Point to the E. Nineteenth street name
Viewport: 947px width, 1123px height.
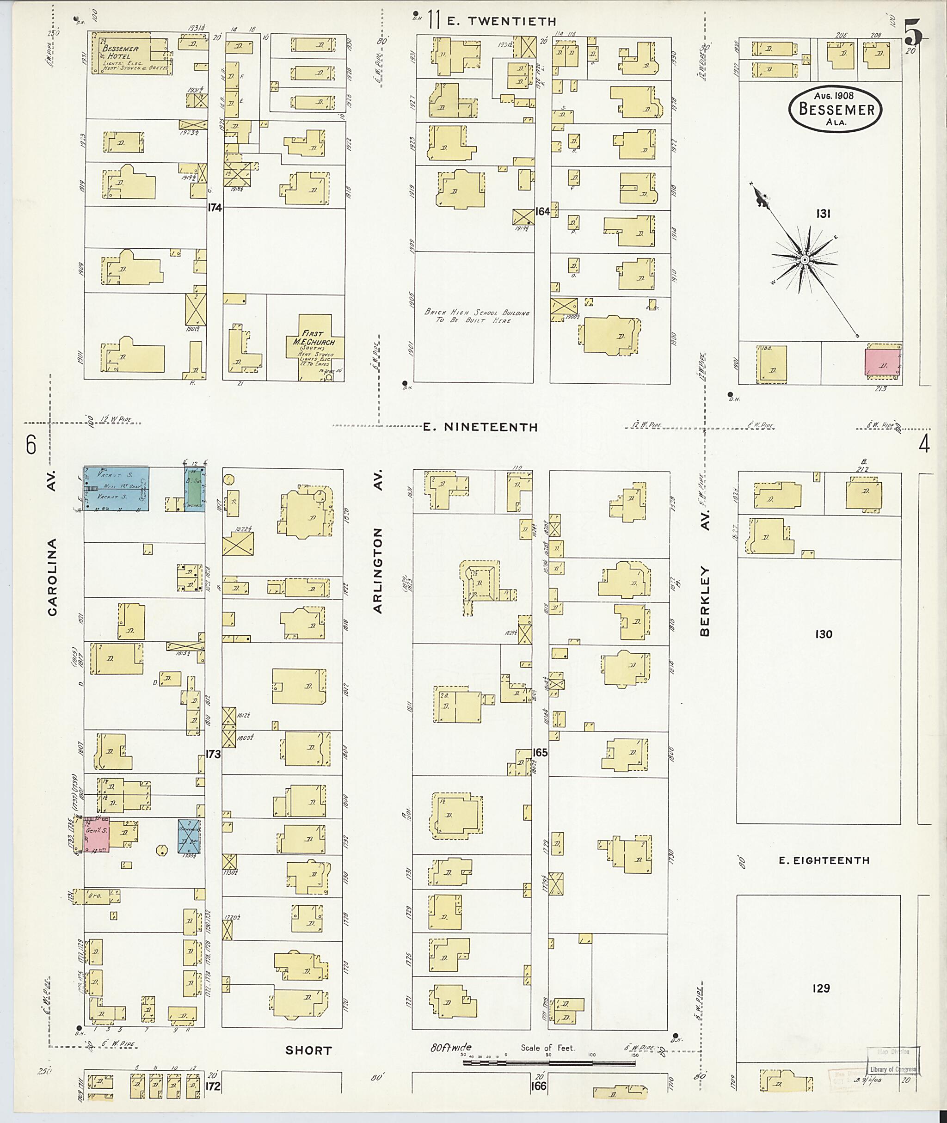pos(480,427)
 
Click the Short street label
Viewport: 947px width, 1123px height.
pos(309,1050)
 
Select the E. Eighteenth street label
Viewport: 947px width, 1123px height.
pos(824,860)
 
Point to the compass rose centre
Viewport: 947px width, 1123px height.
pos(804,260)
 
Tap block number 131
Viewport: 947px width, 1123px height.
pos(823,214)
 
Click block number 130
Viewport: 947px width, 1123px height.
pos(824,634)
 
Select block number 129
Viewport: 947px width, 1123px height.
pos(821,988)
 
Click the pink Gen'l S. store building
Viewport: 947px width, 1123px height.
pos(97,835)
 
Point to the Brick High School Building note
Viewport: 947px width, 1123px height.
pos(477,316)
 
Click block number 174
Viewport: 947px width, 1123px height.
pos(214,207)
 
